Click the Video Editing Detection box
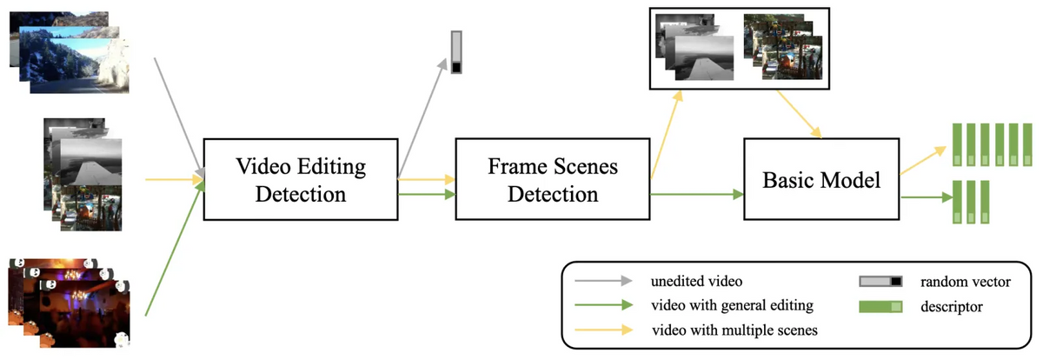point(300,178)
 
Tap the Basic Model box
point(821,180)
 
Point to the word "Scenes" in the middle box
point(589,165)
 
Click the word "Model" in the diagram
point(851,181)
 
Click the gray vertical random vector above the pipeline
point(457,53)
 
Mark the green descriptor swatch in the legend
point(881,306)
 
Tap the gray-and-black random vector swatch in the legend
point(881,282)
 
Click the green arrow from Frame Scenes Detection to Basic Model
point(695,195)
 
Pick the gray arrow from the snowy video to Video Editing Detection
point(178,117)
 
